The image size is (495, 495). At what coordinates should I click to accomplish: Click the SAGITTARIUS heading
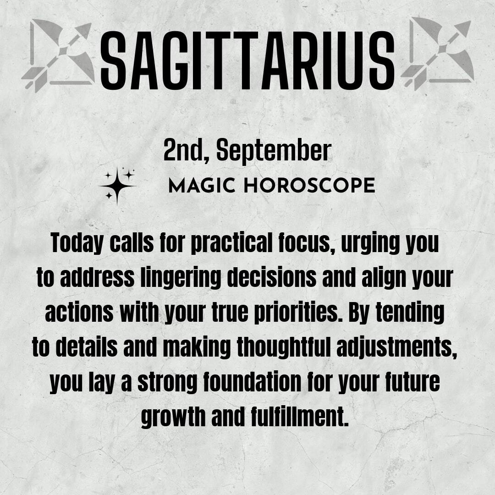tap(247, 60)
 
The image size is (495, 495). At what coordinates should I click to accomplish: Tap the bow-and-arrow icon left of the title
tap(58, 55)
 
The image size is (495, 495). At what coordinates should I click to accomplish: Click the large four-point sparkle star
tap(117, 186)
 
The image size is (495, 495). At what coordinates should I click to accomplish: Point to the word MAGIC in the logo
tap(202, 185)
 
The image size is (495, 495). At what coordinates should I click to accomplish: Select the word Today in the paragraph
tap(77, 243)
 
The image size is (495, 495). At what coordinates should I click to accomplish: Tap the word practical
tap(232, 243)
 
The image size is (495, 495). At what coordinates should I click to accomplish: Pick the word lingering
tap(181, 278)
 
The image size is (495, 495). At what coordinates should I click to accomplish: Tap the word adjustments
tap(397, 347)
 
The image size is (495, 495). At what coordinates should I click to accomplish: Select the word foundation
tap(252, 382)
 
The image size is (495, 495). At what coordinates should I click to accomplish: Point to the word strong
tap(167, 382)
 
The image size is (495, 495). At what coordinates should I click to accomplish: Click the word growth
tap(173, 417)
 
